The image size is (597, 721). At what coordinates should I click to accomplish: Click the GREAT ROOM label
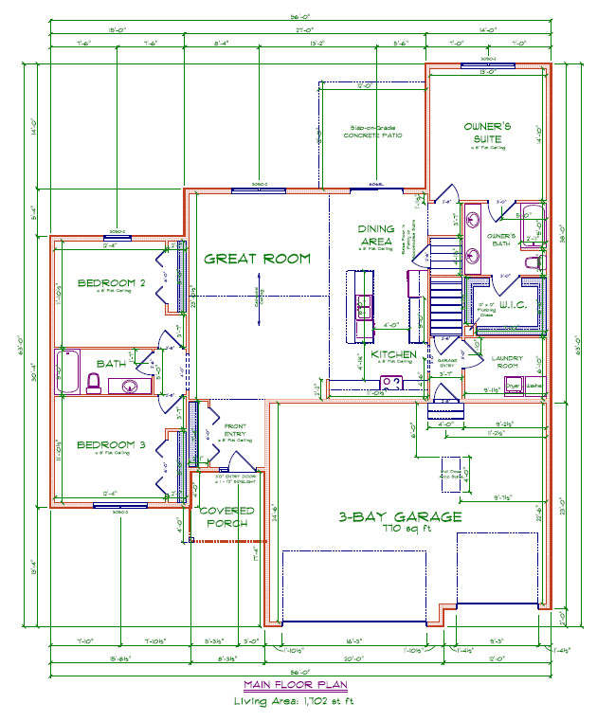pyautogui.click(x=258, y=259)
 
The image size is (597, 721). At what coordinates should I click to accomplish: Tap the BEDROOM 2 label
pyautogui.click(x=111, y=282)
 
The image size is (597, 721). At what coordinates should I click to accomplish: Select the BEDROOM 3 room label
pyautogui.click(x=111, y=445)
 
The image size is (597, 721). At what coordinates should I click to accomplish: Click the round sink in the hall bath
pyautogui.click(x=131, y=386)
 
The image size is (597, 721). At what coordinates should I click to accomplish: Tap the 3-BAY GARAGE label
pyautogui.click(x=401, y=517)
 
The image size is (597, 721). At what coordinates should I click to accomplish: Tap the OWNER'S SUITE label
pyautogui.click(x=487, y=133)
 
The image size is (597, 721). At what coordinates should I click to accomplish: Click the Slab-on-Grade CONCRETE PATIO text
pyautogui.click(x=371, y=132)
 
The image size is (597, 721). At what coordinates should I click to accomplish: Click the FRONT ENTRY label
pyautogui.click(x=236, y=434)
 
